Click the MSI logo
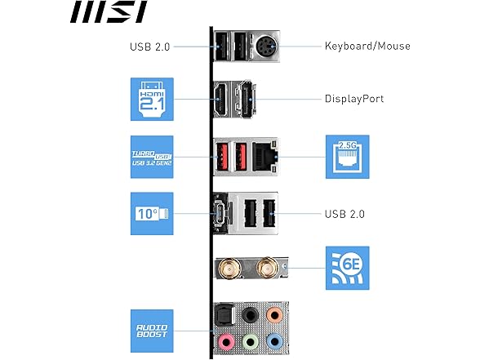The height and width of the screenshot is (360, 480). [x=108, y=12]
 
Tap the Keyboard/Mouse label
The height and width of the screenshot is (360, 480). [x=367, y=46]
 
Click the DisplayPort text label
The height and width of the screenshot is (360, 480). [x=355, y=100]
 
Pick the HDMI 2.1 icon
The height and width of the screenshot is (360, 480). [x=151, y=99]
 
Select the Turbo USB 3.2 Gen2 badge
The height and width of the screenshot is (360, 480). [x=151, y=156]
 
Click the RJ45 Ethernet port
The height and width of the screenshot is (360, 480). [x=262, y=155]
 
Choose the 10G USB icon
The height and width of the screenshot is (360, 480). [x=151, y=213]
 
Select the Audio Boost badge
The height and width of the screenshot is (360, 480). [x=151, y=329]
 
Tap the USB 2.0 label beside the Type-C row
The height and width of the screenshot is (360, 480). [x=344, y=214]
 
